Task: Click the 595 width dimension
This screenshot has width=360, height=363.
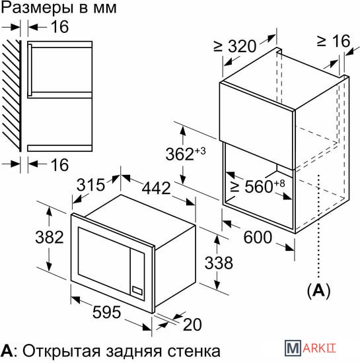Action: point(106,312)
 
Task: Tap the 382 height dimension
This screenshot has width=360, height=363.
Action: point(50,237)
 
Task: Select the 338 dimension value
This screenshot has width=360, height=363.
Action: point(219,263)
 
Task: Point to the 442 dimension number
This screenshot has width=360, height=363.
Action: point(156,188)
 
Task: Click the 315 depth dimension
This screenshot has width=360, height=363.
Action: point(90,185)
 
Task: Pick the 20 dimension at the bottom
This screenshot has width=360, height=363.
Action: point(192,325)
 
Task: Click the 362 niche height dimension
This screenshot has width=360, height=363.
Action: point(186,154)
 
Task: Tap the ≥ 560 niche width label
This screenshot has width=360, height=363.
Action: point(258,186)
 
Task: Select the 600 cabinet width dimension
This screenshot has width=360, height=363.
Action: point(258,238)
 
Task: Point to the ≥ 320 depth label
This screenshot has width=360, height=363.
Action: point(235,46)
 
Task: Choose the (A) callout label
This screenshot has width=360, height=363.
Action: point(319,291)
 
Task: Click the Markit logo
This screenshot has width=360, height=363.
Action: point(310,347)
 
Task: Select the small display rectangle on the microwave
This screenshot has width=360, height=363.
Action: point(137,291)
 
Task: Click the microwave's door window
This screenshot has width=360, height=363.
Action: point(104,261)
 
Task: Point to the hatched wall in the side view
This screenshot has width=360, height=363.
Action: point(12,96)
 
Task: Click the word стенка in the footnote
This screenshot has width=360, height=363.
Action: point(194,352)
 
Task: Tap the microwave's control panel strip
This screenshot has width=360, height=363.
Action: point(137,275)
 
